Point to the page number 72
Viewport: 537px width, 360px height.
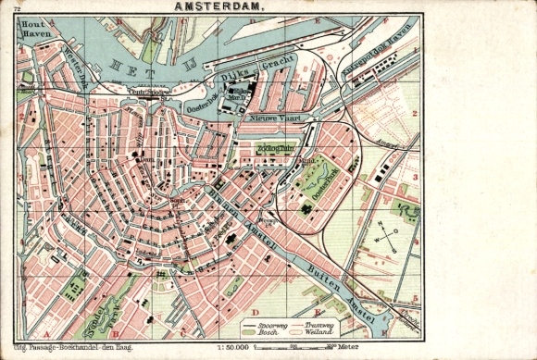18,8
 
